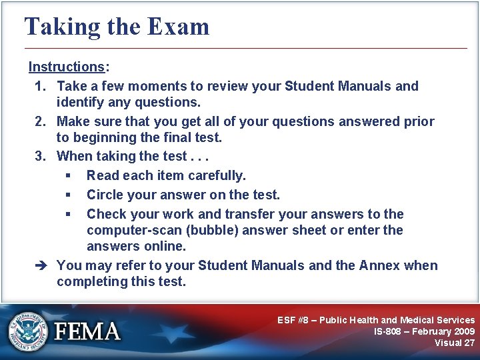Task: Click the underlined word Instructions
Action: pos(66,67)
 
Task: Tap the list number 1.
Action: pos(39,86)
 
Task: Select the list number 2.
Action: pos(39,122)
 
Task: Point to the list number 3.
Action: pos(39,157)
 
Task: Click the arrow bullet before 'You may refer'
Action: pos(39,265)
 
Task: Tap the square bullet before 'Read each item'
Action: pos(69,176)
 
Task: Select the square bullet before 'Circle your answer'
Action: pos(69,195)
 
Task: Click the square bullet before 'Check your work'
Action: pos(69,215)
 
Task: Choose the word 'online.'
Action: pos(164,246)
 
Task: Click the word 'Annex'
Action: pos(380,265)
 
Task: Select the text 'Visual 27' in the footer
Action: pos(454,343)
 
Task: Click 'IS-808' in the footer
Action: pos(389,331)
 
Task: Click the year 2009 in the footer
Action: pos(462,331)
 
